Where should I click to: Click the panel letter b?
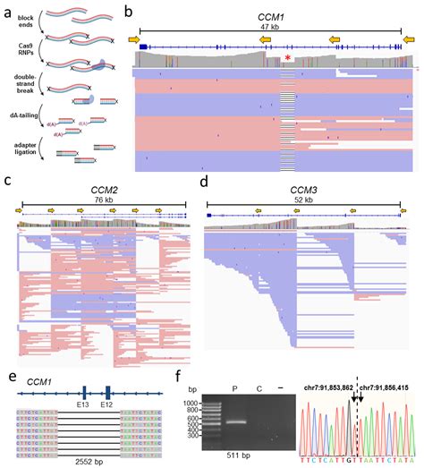[130, 12]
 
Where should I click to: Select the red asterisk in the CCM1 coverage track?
[287, 58]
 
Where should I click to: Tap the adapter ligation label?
[17, 149]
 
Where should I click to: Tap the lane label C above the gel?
[259, 390]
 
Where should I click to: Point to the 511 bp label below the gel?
[237, 458]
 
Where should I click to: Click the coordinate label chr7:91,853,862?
[329, 387]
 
